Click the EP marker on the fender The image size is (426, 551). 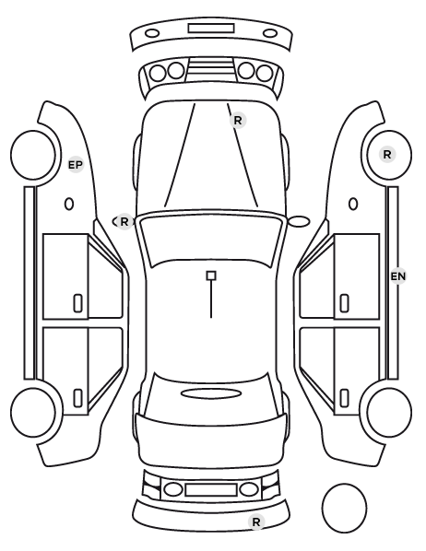(x=76, y=164)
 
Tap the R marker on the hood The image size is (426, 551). (x=238, y=121)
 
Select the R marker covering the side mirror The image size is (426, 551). (x=124, y=222)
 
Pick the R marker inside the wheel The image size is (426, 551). (x=387, y=154)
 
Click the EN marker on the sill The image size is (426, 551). (x=398, y=276)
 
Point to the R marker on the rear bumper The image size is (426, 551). (x=256, y=522)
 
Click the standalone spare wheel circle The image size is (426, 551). (x=344, y=508)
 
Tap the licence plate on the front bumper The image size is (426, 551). (x=211, y=29)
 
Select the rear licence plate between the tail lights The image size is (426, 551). (x=211, y=489)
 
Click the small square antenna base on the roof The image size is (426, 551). (x=211, y=275)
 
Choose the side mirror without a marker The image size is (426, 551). (x=299, y=221)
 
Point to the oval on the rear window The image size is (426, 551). (x=211, y=393)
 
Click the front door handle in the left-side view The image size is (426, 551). (x=77, y=303)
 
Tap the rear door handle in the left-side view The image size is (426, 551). (x=77, y=398)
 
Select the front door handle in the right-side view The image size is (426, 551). (x=345, y=303)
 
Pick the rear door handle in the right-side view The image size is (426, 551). (x=345, y=398)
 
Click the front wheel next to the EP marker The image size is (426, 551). (x=33, y=155)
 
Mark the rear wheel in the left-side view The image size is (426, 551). (x=33, y=412)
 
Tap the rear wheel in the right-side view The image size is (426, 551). (x=389, y=412)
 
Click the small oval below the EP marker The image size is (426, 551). (x=69, y=204)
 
